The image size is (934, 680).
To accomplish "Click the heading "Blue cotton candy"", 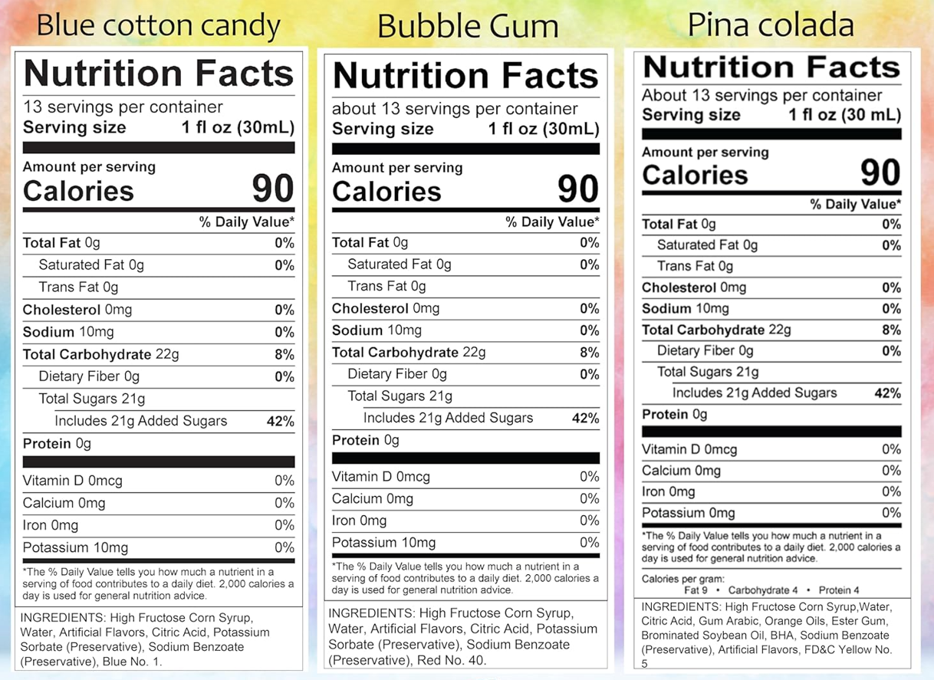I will click(x=159, y=27).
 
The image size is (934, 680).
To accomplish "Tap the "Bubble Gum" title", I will click(x=468, y=28).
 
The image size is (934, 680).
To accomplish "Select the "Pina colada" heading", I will click(x=771, y=25).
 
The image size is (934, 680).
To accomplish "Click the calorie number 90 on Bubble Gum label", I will click(x=577, y=189).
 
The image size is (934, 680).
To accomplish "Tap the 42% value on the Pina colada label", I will click(x=887, y=393).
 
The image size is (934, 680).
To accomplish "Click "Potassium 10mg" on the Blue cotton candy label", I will click(x=75, y=547).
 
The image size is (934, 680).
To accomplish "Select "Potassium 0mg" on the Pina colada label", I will click(x=688, y=513).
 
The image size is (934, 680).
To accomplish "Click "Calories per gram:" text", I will click(x=682, y=579).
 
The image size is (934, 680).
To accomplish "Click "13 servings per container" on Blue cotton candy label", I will click(x=123, y=107).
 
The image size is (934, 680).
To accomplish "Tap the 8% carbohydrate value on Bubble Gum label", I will click(x=589, y=353).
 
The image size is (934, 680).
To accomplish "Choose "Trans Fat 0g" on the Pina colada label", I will click(x=695, y=266).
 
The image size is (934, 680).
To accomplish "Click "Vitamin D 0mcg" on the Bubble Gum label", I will click(x=380, y=477).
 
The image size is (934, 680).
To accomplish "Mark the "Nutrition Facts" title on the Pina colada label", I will click(x=771, y=67).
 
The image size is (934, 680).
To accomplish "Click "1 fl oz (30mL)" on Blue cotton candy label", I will click(x=238, y=127).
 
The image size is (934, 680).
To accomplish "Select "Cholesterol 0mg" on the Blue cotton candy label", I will click(x=77, y=310).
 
